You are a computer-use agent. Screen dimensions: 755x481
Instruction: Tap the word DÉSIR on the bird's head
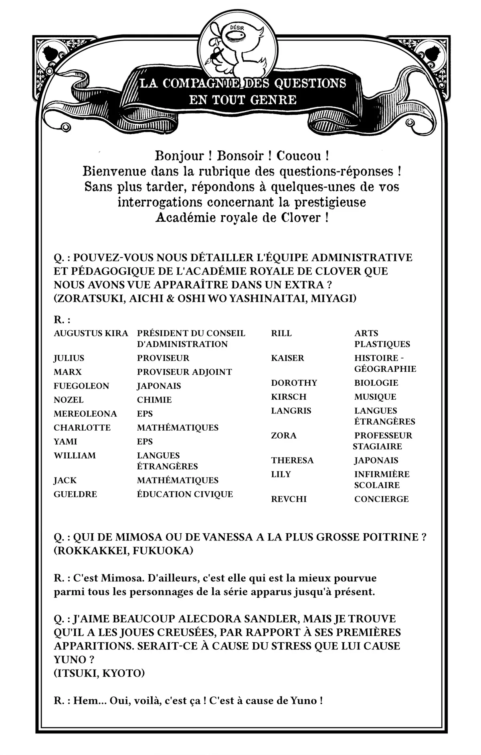(x=237, y=28)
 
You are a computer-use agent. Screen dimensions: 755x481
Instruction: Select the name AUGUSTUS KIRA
(x=91, y=333)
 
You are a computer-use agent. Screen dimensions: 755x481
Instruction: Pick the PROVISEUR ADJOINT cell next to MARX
(x=184, y=372)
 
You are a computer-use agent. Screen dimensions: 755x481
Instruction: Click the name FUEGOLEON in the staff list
(x=81, y=386)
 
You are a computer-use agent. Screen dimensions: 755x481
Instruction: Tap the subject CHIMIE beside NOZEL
(x=154, y=400)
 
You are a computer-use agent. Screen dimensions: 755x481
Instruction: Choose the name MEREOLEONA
(x=85, y=414)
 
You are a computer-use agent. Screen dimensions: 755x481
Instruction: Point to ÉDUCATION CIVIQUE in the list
(x=185, y=494)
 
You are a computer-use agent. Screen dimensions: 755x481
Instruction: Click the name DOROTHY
(x=294, y=383)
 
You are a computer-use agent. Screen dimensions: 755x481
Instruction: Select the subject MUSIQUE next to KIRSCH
(x=375, y=397)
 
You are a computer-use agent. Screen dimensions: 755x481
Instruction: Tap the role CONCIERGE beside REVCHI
(x=381, y=499)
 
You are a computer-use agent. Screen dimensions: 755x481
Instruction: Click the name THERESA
(x=292, y=460)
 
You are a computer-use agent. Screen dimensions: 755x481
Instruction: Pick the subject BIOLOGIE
(x=376, y=383)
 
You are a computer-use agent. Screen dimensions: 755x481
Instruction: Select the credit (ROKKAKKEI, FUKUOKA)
(x=123, y=551)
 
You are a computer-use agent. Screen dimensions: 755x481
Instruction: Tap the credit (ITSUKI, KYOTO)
(x=99, y=673)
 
